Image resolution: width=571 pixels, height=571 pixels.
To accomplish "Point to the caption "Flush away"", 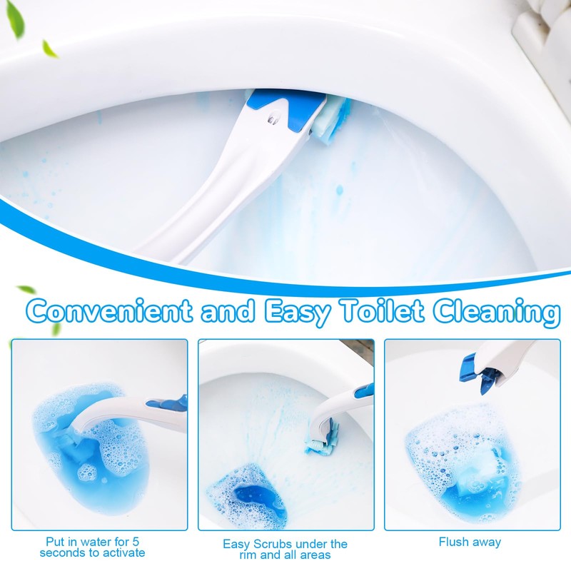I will (470, 542).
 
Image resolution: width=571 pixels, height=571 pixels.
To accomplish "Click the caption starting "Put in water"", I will (93, 547).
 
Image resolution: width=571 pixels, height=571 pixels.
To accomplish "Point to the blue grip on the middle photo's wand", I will (363, 391).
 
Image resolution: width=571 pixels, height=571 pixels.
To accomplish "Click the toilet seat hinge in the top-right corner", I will (542, 29).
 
